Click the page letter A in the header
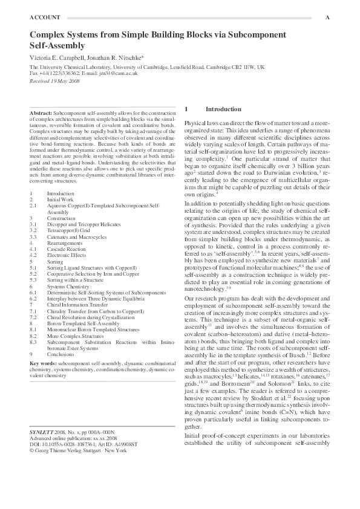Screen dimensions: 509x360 pyautogui.click(x=327, y=18)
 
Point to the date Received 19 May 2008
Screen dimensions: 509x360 pyautogui.click(x=54, y=80)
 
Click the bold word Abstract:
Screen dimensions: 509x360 pyautogui.click(x=41, y=113)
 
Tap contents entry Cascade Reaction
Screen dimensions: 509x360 pyautogui.click(x=66, y=248)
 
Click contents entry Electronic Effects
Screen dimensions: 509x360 pyautogui.click(x=67, y=254)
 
